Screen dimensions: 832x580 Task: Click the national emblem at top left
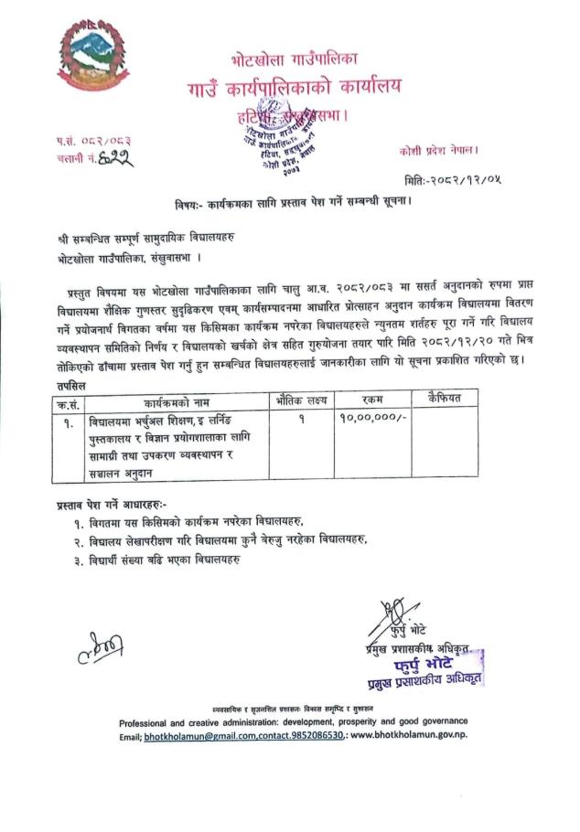tap(89, 54)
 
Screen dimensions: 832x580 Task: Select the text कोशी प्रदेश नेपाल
tap(439, 148)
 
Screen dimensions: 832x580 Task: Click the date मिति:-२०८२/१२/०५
tap(445, 177)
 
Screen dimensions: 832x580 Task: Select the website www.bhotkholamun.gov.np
tap(408, 734)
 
